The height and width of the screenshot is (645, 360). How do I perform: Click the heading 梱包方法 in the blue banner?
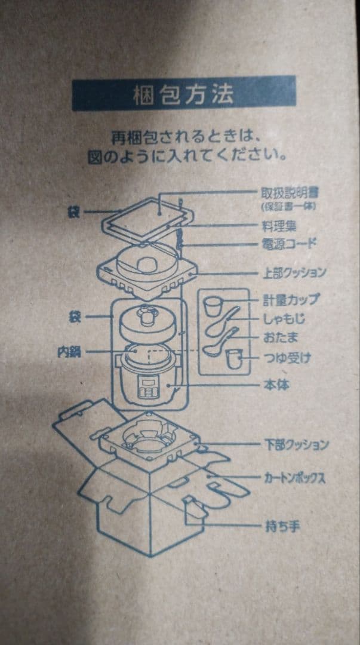click(183, 94)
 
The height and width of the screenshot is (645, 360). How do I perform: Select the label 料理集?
click(279, 227)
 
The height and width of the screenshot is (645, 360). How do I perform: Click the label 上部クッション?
click(295, 273)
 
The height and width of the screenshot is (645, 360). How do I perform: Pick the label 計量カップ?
click(291, 300)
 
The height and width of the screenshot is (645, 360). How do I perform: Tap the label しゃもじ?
click(284, 319)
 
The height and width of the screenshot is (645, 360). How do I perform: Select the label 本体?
click(275, 385)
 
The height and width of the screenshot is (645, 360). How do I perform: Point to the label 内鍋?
click(69, 352)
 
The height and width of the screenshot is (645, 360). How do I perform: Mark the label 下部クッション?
click(296, 445)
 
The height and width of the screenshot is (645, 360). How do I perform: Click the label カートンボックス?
click(295, 478)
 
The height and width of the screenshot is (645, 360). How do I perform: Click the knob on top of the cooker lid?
click(145, 312)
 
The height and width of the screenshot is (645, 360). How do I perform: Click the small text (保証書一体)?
click(288, 207)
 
